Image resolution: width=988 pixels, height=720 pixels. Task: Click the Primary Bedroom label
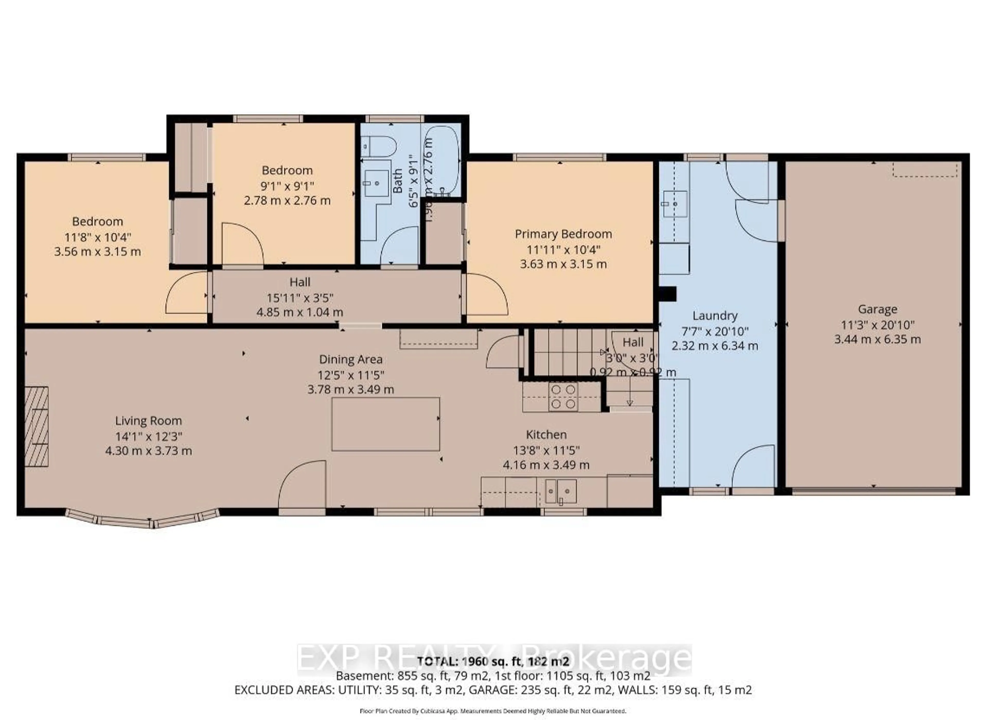click(x=563, y=234)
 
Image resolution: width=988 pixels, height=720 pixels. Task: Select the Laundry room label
click(x=715, y=316)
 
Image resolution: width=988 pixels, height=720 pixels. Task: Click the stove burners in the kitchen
click(x=563, y=397)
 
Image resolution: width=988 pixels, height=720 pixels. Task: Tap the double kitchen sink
click(x=561, y=491)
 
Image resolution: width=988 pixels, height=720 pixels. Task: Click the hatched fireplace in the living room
click(x=36, y=427)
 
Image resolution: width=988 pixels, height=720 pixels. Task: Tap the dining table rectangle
click(x=385, y=424)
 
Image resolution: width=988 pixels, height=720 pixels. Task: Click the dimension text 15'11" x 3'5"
click(x=300, y=298)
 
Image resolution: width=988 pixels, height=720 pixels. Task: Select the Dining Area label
click(x=351, y=360)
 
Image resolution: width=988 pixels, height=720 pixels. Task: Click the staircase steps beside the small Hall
click(x=566, y=352)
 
